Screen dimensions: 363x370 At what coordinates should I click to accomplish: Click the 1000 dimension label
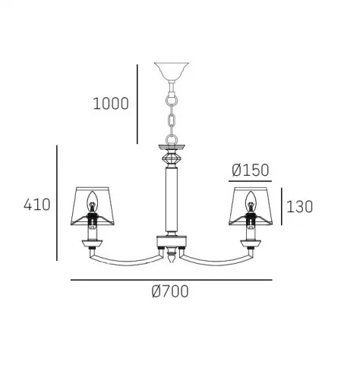click(111, 104)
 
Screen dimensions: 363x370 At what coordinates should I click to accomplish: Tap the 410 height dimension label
click(37, 205)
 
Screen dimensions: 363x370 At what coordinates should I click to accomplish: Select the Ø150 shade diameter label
click(250, 170)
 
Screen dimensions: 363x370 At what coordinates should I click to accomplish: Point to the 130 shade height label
click(299, 206)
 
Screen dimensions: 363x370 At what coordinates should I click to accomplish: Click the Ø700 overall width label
click(170, 291)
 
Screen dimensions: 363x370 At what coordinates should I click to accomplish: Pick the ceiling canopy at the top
click(172, 71)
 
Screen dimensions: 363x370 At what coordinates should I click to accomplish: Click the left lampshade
click(93, 206)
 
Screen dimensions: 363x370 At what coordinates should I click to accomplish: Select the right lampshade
click(251, 206)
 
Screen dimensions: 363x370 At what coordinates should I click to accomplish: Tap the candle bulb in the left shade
click(92, 201)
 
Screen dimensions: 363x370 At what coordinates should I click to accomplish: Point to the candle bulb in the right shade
click(251, 201)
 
